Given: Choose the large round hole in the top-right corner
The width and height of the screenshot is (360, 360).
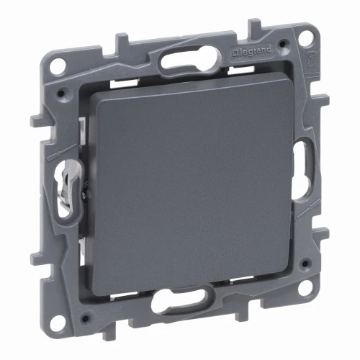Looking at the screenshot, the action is tap(307, 37).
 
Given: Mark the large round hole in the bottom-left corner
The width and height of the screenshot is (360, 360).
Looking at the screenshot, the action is tap(58, 321).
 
